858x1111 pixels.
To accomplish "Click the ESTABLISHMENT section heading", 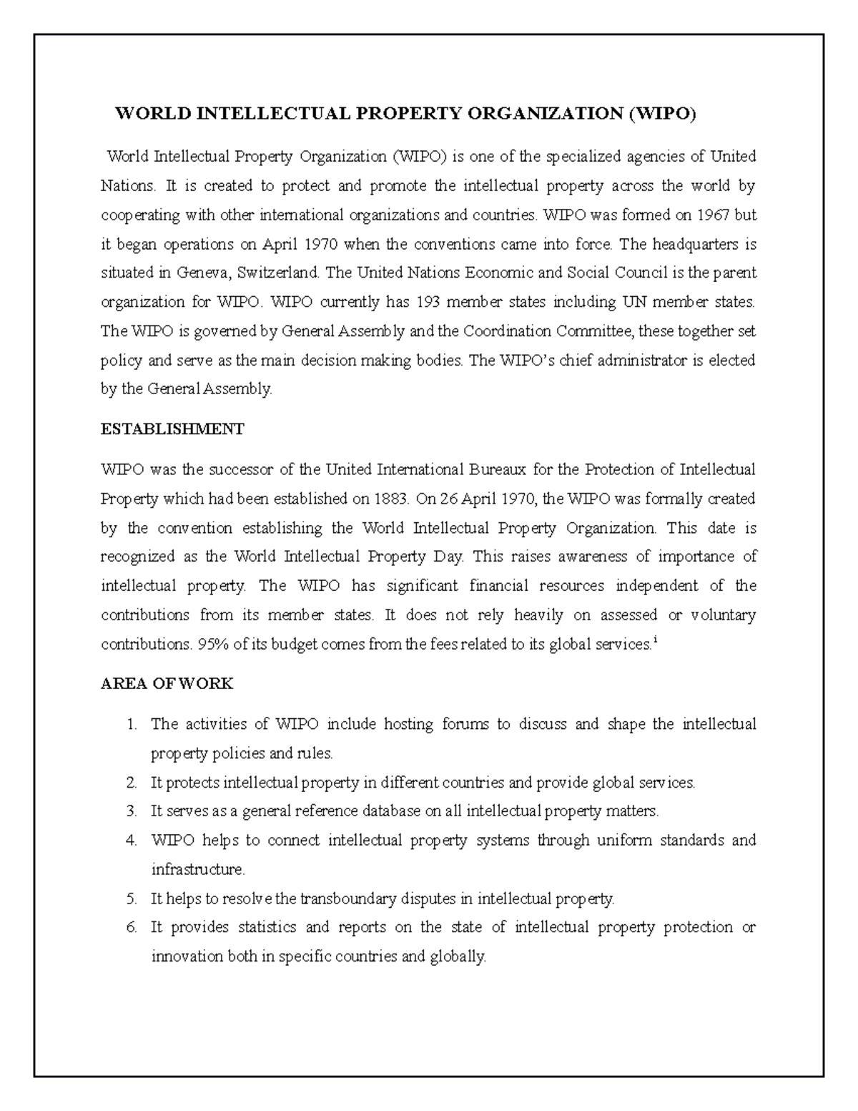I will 172,429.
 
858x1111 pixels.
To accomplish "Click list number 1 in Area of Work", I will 131,724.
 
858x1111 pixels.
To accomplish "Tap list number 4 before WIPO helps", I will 131,841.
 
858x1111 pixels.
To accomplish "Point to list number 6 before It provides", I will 131,928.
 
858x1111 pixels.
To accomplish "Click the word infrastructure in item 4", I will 197,870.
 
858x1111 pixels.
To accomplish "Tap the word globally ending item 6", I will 458,956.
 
